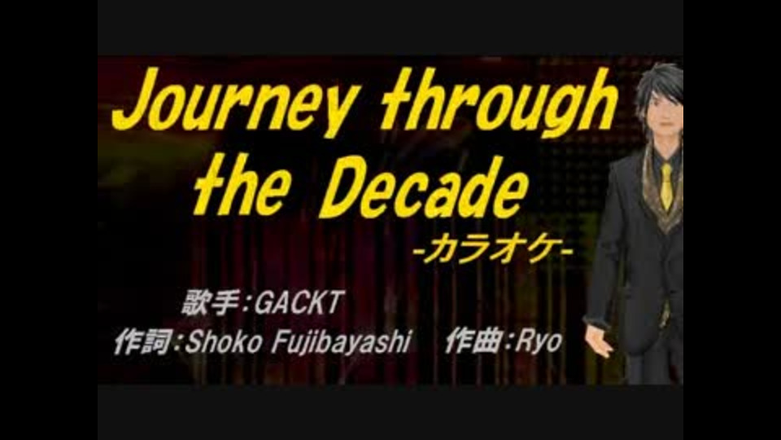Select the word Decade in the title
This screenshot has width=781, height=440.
pos(423,187)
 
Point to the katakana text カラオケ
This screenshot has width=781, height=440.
pos(493,249)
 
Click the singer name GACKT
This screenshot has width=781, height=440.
pos(299,303)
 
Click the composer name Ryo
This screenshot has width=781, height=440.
pos(539,342)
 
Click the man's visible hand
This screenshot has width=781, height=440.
pos(600,341)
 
